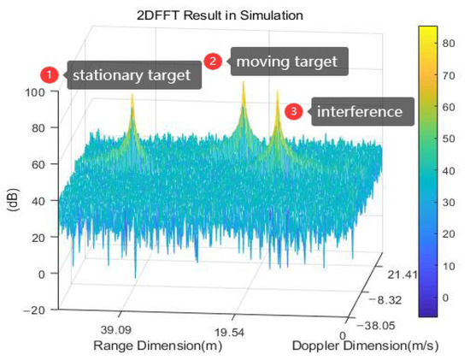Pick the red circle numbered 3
pyautogui.click(x=295, y=111)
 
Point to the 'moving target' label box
pyautogui.click(x=286, y=62)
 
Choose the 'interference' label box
pyautogui.click(x=360, y=112)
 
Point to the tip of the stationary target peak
pyautogui.click(x=132, y=94)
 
